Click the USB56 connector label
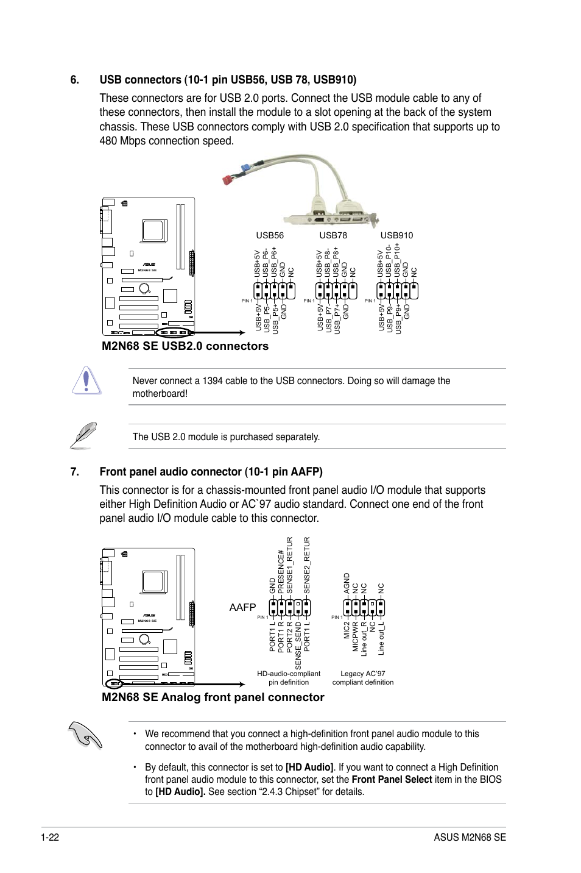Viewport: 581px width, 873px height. [x=270, y=235]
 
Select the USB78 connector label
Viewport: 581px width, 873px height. [x=333, y=235]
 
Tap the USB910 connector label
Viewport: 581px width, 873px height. [x=396, y=235]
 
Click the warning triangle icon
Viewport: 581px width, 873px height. [x=86, y=380]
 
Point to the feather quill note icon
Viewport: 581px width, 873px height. [x=83, y=435]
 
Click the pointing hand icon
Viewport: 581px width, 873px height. [x=85, y=734]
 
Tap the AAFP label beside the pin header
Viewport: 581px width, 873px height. [x=242, y=607]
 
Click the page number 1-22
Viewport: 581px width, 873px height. [x=50, y=837]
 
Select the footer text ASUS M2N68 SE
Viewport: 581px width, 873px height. [x=470, y=837]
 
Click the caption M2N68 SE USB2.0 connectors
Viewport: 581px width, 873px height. [x=185, y=346]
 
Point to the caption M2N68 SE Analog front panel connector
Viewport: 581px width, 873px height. [x=213, y=697]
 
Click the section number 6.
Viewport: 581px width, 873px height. [x=75, y=80]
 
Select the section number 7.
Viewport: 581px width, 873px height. [x=75, y=472]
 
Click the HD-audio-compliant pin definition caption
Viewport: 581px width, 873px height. [x=289, y=678]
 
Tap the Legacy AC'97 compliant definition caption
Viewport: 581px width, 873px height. [x=363, y=678]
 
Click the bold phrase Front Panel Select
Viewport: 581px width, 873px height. [x=392, y=780]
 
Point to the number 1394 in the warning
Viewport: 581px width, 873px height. [x=213, y=381]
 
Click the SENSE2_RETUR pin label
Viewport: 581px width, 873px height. [x=307, y=565]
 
